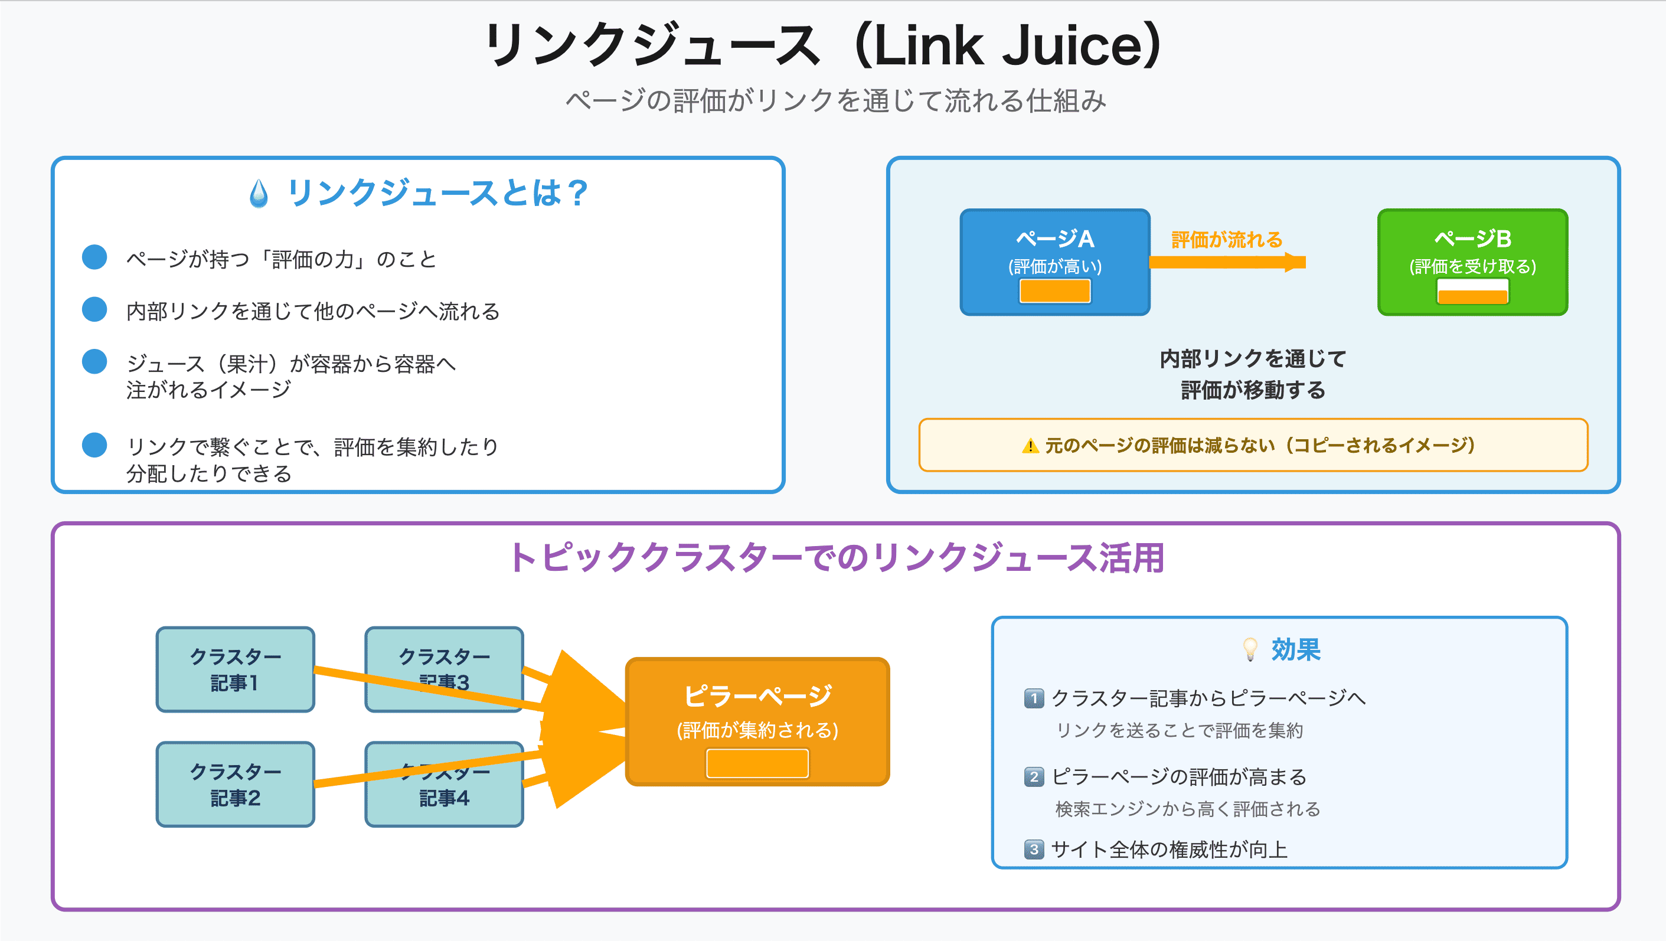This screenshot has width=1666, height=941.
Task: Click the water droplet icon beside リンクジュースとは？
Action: click(x=259, y=194)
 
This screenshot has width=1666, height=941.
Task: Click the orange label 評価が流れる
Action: click(x=1226, y=240)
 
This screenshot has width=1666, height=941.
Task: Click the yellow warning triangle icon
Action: click(x=1030, y=446)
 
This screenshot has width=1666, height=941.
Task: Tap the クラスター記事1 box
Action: click(x=235, y=669)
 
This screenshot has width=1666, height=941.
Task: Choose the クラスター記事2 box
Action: click(x=235, y=784)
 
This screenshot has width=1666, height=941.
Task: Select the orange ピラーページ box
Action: click(x=757, y=705)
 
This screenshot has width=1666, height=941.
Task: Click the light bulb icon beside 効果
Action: click(x=1250, y=649)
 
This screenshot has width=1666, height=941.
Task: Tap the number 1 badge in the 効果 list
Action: click(x=1034, y=698)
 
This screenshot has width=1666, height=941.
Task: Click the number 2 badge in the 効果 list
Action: click(x=1034, y=777)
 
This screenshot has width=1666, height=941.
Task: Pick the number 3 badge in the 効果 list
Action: click(x=1034, y=849)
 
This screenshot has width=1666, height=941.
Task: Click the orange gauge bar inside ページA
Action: click(x=1054, y=291)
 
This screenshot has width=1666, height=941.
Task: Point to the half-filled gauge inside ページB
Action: click(x=1472, y=292)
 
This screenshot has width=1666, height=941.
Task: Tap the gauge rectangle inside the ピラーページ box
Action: click(x=757, y=763)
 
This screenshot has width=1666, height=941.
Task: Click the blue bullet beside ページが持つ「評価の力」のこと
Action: click(x=94, y=257)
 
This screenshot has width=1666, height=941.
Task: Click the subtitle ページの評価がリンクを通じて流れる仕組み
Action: click(x=835, y=101)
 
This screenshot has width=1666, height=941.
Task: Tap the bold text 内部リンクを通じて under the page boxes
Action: click(x=1252, y=358)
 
